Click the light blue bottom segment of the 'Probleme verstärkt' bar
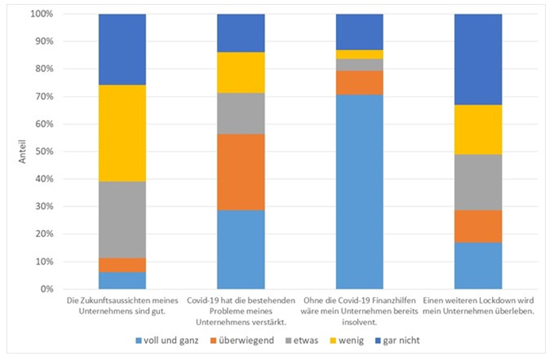[x=241, y=249]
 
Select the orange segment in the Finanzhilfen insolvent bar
[x=360, y=82]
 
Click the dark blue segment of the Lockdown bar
[x=478, y=59]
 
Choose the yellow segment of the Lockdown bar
[x=478, y=129]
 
